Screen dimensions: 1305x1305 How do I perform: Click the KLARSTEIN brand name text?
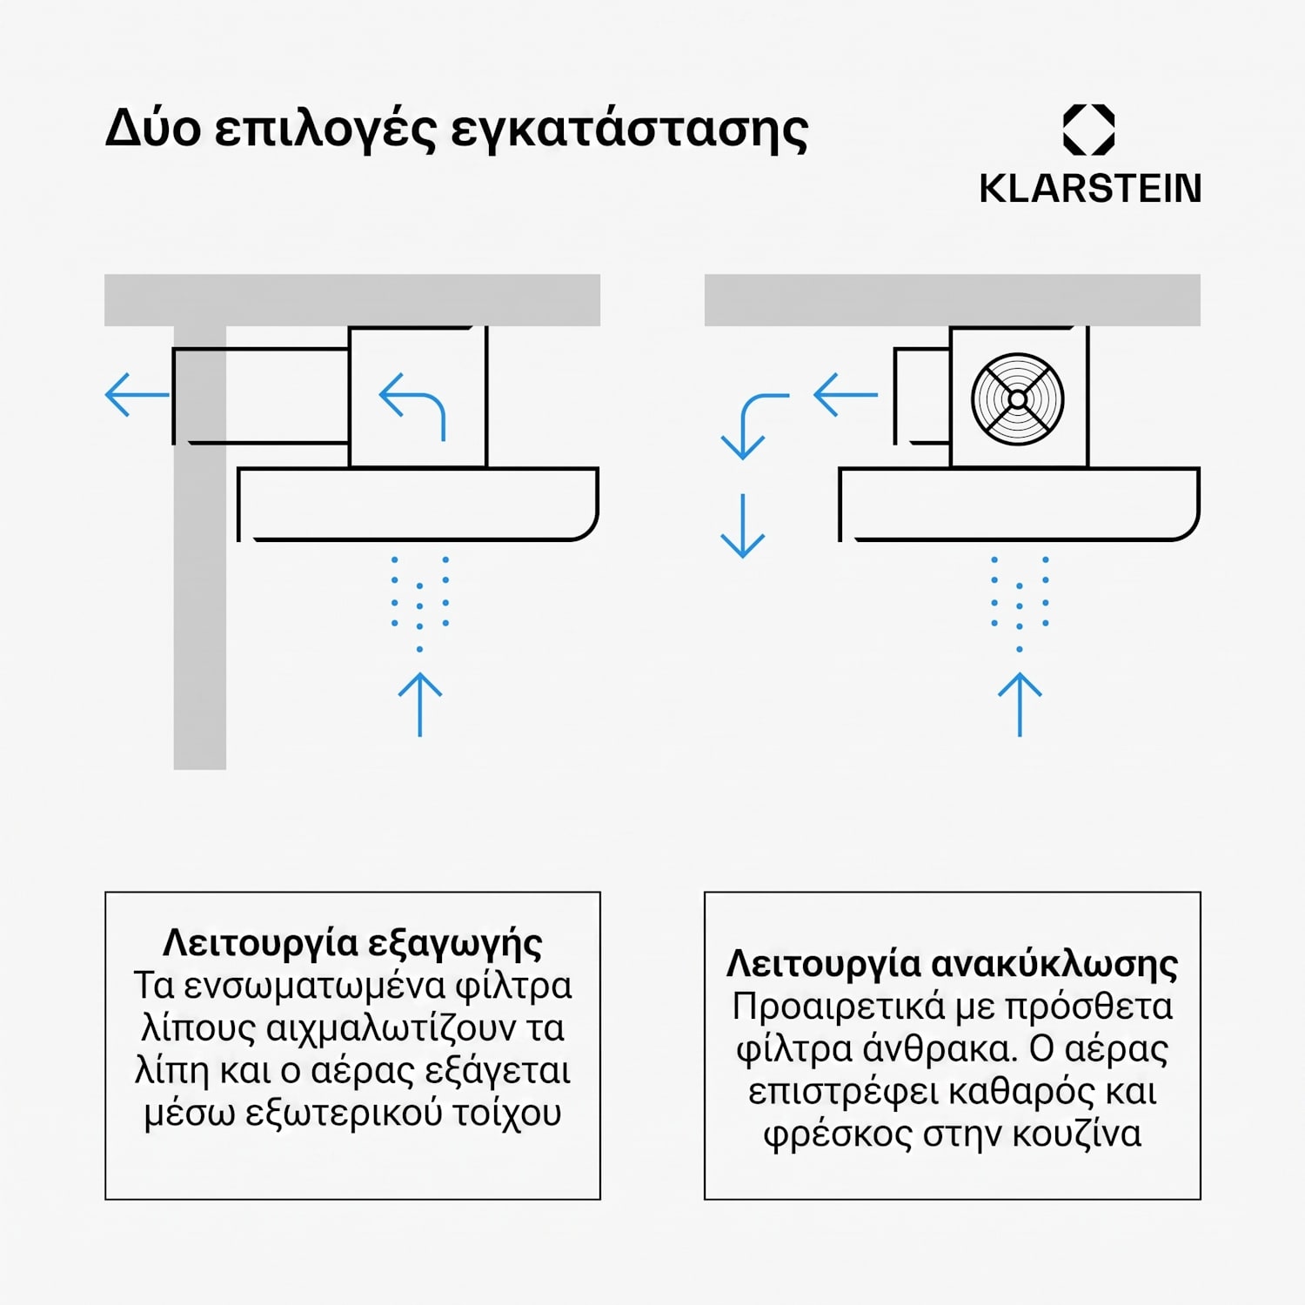pos(1090,189)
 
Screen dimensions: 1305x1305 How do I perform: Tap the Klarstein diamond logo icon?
pos(1089,130)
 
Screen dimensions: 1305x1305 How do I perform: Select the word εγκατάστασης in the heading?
pos(629,130)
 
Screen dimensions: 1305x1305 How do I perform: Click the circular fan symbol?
pos(1018,399)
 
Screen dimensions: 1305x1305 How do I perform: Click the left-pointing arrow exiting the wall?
pos(137,395)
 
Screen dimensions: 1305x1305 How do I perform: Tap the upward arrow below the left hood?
pos(420,705)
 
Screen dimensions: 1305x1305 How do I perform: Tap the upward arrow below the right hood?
pos(1020,705)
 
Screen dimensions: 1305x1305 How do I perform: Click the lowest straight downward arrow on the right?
pos(743,525)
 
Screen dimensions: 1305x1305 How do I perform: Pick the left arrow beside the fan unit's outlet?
pos(846,395)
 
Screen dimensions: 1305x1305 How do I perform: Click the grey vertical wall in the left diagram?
pos(200,548)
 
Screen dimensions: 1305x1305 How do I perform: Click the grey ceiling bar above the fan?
pos(953,300)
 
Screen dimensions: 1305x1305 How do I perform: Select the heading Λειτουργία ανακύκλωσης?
pos(953,965)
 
